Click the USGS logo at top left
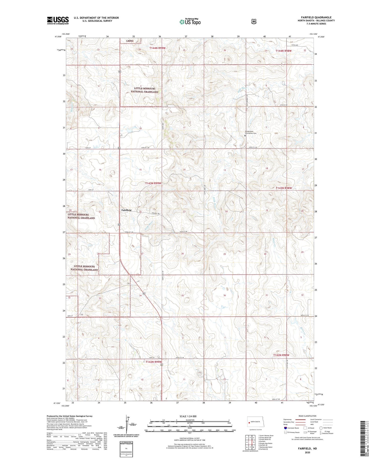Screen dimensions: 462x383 tap(58, 20)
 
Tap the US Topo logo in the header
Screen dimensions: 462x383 tap(190, 22)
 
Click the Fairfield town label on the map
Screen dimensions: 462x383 tap(126, 210)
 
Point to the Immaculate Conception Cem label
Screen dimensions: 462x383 tap(250, 132)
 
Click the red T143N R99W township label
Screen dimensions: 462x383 tap(153, 183)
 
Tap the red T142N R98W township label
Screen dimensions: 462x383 tap(281, 355)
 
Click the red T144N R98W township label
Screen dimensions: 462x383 tap(283, 51)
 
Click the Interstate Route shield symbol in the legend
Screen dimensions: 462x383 tap(285, 428)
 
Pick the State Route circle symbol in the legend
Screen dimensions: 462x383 tap(321, 428)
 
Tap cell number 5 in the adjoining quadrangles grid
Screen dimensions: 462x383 tap(254, 442)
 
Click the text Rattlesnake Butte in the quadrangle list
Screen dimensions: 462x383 tap(266, 447)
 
